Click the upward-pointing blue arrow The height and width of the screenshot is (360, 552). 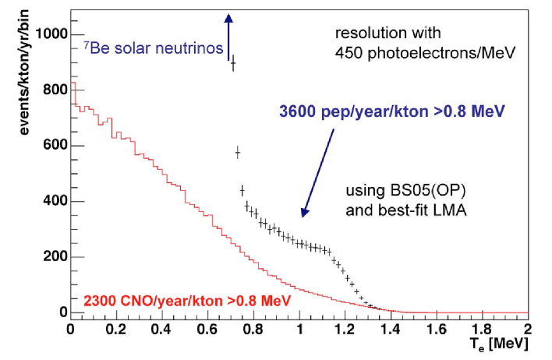coord(228,35)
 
